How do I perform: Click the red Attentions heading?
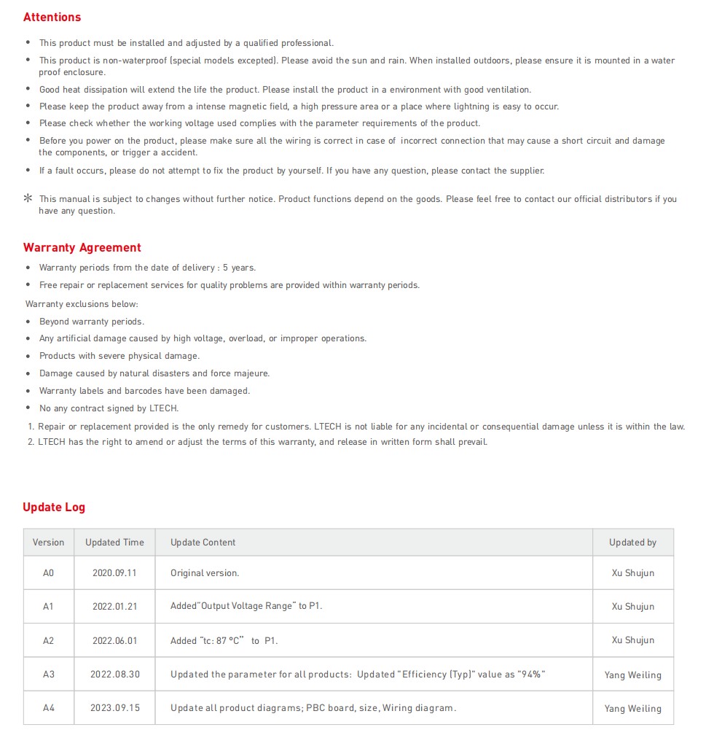[52, 17]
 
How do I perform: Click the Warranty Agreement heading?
[82, 247]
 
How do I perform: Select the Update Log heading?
[53, 507]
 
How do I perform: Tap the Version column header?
[48, 543]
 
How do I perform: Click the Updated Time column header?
[114, 543]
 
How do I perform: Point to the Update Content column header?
[203, 543]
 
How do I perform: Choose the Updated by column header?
[632, 543]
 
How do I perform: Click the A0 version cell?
[48, 573]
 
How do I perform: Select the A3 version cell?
[48, 675]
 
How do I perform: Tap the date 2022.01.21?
[114, 607]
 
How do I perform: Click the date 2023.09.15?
[114, 708]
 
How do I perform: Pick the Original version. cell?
[205, 573]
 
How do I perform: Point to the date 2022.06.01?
[114, 640]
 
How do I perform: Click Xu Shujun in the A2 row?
[632, 640]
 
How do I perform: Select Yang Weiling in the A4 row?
[632, 708]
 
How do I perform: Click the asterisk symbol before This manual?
[28, 198]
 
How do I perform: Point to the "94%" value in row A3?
[531, 675]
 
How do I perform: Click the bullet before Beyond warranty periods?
[28, 322]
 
